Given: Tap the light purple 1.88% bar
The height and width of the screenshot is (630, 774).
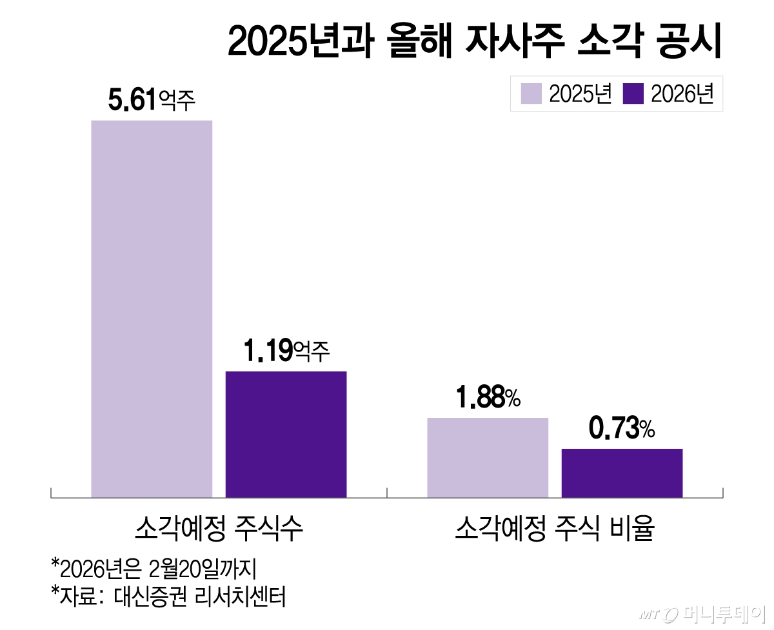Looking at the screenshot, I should click(x=488, y=457).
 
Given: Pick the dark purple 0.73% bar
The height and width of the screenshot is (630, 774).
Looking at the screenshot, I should click(x=622, y=473).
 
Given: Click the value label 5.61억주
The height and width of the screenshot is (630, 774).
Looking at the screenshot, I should click(x=152, y=101).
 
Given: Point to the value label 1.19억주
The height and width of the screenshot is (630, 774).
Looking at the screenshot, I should click(x=286, y=351).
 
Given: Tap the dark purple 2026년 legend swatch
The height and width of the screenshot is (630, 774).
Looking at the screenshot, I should click(x=634, y=94).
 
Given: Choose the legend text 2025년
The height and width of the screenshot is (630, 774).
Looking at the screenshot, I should click(x=580, y=94).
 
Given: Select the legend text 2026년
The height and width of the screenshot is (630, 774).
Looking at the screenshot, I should click(x=682, y=94).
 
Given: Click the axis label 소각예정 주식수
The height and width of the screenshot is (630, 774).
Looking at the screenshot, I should click(x=219, y=529).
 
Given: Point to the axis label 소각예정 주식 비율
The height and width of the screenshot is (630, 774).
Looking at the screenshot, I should click(x=555, y=529).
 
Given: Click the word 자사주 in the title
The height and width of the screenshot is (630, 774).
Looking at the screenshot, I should click(x=506, y=43).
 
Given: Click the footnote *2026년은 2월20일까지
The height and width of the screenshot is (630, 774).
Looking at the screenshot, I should click(x=155, y=567).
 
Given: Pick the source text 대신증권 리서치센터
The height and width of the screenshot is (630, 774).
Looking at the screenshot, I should click(x=199, y=595).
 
